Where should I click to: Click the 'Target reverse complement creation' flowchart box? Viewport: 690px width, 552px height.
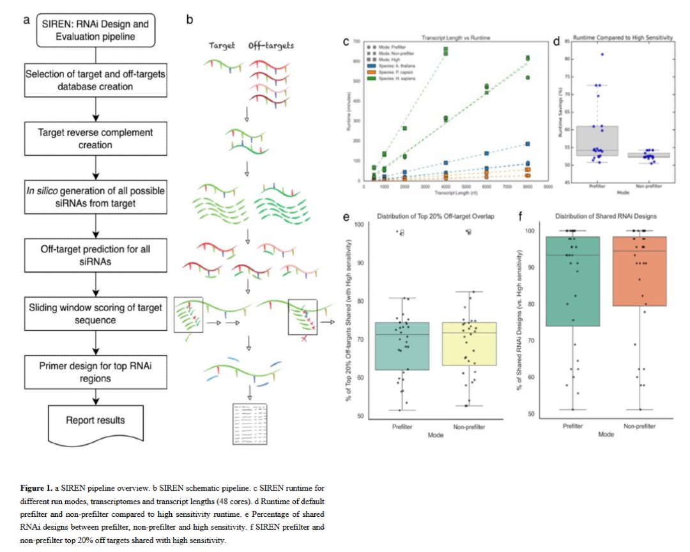[95, 139]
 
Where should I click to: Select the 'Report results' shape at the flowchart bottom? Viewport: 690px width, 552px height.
[95, 422]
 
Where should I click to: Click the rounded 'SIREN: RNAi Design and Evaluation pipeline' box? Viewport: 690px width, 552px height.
[95, 30]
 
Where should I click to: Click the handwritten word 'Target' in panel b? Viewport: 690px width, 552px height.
[223, 46]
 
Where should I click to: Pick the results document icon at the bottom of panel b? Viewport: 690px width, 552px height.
[249, 424]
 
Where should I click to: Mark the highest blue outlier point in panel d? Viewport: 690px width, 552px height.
[601, 54]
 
